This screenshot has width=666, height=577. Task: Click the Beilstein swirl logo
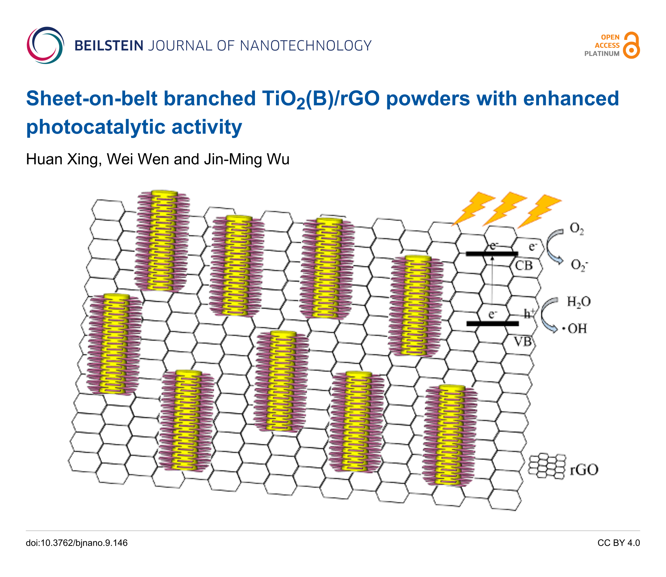(x=45, y=45)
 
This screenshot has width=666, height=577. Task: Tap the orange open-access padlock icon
(x=631, y=46)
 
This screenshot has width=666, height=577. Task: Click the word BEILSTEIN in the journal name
(x=109, y=46)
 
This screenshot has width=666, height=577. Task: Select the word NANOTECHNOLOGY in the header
(x=306, y=46)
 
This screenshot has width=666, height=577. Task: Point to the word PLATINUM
(x=602, y=54)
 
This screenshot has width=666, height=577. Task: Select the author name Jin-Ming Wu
(x=247, y=159)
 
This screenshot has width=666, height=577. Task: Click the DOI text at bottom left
(x=77, y=543)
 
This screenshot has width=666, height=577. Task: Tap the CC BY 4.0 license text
(x=618, y=543)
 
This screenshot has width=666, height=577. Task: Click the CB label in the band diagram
(x=524, y=266)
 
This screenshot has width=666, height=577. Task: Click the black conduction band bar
(x=492, y=254)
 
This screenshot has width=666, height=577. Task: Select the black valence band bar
(x=492, y=323)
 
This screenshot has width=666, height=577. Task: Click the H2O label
(x=579, y=302)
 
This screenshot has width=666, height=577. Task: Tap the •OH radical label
(x=575, y=329)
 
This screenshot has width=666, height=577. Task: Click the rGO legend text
(x=584, y=470)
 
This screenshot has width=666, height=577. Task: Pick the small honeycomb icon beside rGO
(x=547, y=466)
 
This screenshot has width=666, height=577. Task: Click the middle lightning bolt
(x=505, y=208)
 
